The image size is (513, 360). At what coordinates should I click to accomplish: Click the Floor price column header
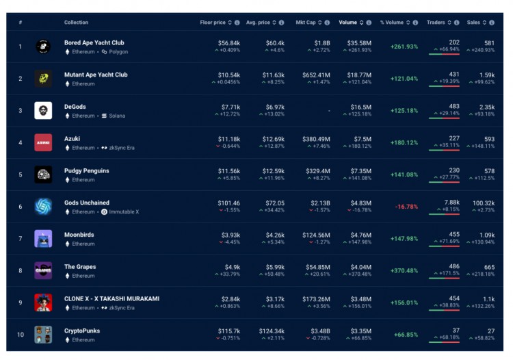pos(212,23)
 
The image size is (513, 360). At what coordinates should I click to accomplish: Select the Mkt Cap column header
pos(305,23)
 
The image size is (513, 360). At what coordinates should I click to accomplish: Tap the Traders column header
pos(435,23)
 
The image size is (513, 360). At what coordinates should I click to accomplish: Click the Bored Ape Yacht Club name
pos(94,42)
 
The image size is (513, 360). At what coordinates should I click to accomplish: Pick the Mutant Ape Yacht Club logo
pos(43,79)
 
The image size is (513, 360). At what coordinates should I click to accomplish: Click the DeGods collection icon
pos(43,110)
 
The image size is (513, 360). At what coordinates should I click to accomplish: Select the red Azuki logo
pos(43,142)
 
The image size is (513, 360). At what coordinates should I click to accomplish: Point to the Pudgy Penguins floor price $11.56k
pos(228,170)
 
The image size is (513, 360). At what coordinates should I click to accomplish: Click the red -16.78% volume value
pos(406,207)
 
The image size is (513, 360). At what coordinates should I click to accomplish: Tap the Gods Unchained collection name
pos(87,203)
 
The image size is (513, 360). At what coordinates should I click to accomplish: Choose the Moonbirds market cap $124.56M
pos(315,235)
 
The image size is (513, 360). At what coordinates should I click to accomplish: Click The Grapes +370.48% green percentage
pos(404,271)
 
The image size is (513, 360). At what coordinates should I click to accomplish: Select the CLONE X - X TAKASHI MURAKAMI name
pos(111,299)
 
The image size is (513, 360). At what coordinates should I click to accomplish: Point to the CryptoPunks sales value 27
pos(490,331)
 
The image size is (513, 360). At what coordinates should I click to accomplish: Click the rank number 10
pos(21,335)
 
